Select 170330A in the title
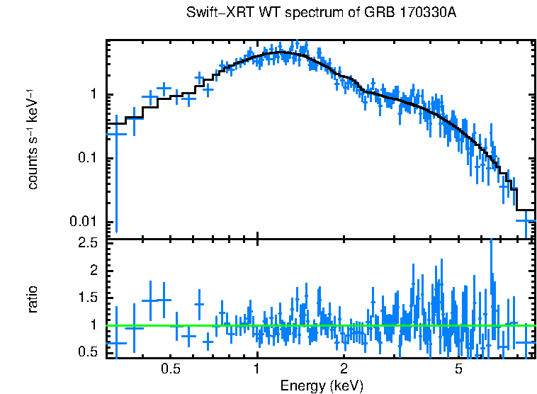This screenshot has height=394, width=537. [x=418, y=13]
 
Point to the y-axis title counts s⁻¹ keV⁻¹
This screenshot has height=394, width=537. [x=32, y=139]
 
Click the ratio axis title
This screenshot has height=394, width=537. [x=32, y=300]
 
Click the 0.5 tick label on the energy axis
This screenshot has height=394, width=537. [x=170, y=368]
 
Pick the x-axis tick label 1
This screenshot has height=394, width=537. [x=257, y=368]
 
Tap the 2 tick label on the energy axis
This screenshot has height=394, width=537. [x=344, y=368]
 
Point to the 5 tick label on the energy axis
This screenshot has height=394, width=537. [x=458, y=368]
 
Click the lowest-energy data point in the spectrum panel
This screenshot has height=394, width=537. [x=115, y=133]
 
